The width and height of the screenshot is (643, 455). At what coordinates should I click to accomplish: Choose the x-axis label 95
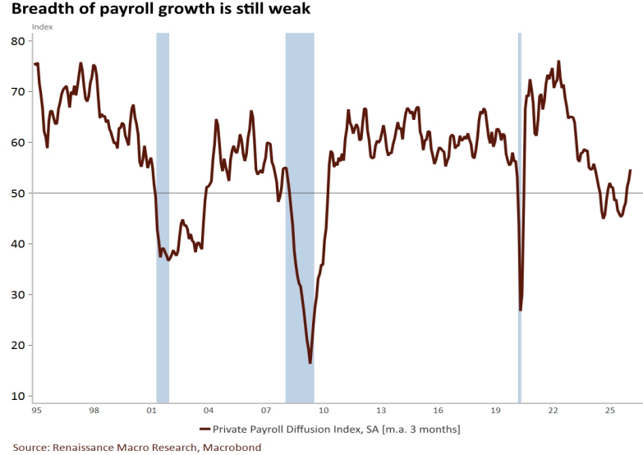pos(36,409)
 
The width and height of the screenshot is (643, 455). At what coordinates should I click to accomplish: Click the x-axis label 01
pos(151,409)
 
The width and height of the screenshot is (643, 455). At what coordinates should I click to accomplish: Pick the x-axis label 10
pos(324,409)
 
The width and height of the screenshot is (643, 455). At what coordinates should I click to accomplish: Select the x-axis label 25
pos(610,409)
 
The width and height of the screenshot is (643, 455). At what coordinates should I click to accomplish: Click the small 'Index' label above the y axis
pos(42,27)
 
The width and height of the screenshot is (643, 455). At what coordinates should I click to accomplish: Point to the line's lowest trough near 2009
pos(310,362)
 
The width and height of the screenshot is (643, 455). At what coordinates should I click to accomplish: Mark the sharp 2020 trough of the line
pos(521,310)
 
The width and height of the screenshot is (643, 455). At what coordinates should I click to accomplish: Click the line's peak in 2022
pos(558,62)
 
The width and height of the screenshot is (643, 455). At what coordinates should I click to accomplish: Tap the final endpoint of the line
pos(631,170)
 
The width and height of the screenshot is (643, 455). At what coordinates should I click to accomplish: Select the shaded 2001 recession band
pos(163,214)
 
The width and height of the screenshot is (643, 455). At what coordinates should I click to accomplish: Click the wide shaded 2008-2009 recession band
pos(299,214)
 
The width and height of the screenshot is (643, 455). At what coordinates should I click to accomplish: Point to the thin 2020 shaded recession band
pos(519,164)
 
